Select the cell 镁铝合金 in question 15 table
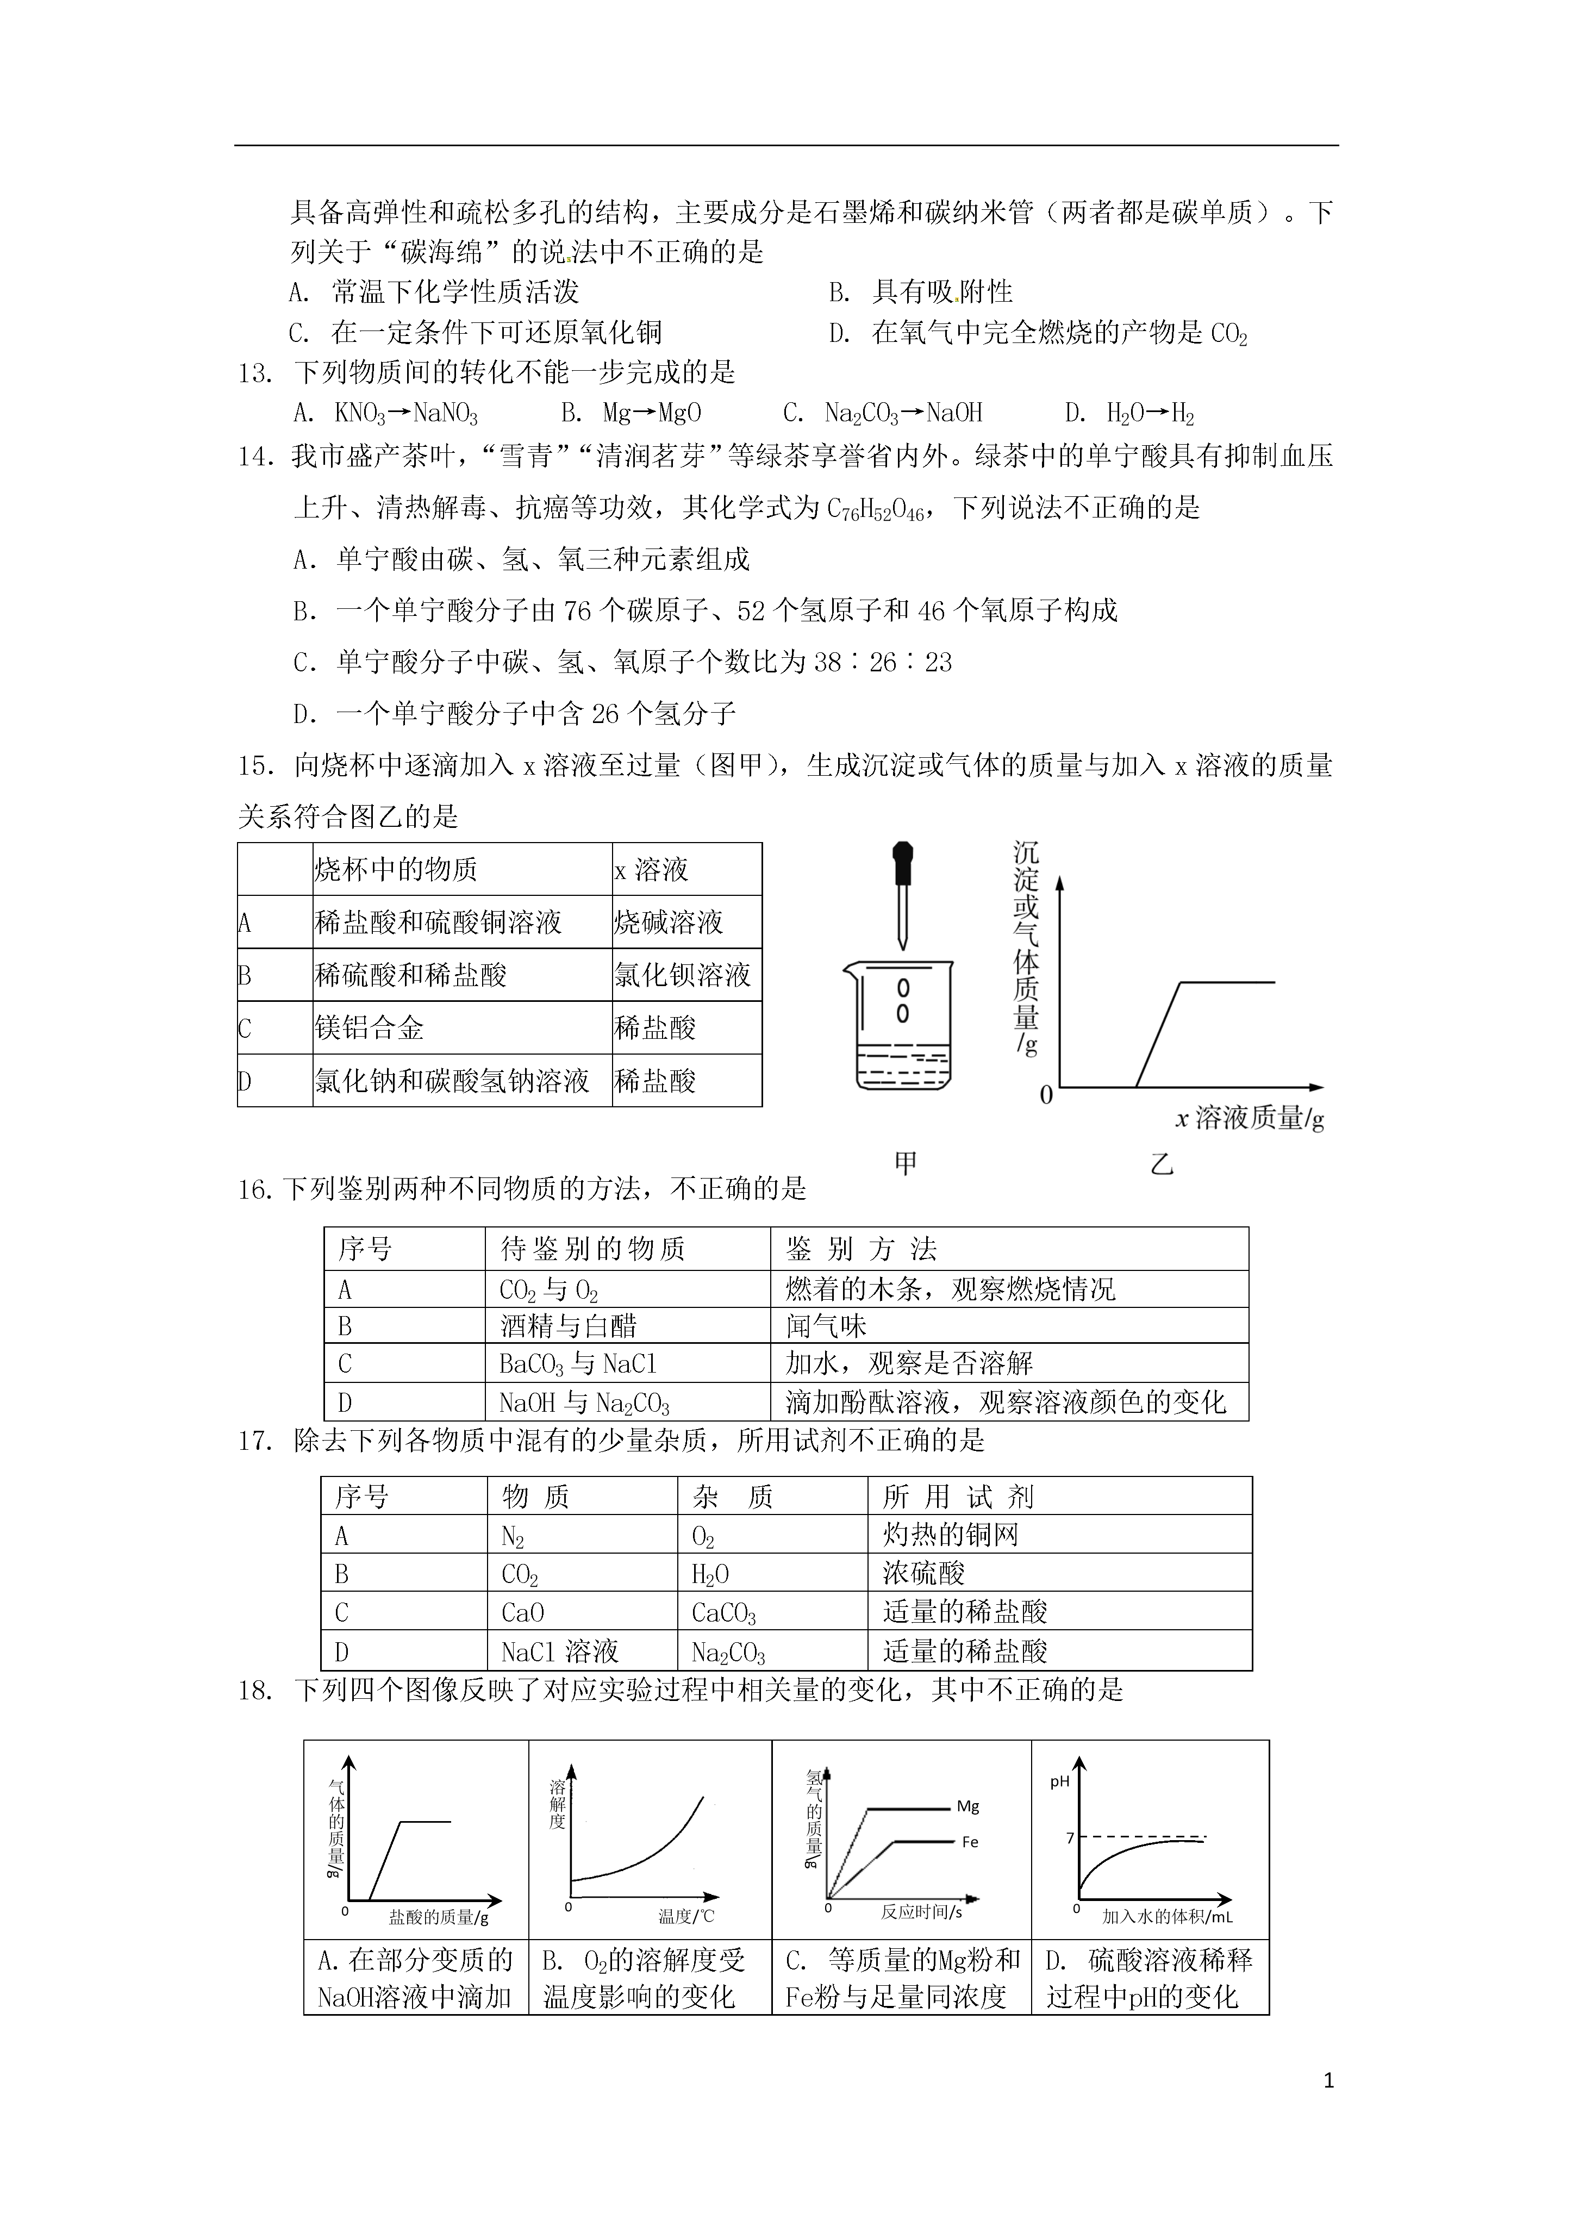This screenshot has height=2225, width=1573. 369,1028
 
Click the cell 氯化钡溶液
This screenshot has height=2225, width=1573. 682,975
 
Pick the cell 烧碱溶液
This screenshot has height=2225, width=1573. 669,923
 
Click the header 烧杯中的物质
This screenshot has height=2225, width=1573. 396,869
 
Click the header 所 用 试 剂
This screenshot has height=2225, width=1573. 958,1497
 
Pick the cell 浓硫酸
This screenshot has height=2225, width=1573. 923,1574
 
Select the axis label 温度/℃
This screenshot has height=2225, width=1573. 686,1916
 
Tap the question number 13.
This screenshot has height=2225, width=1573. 255,373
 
